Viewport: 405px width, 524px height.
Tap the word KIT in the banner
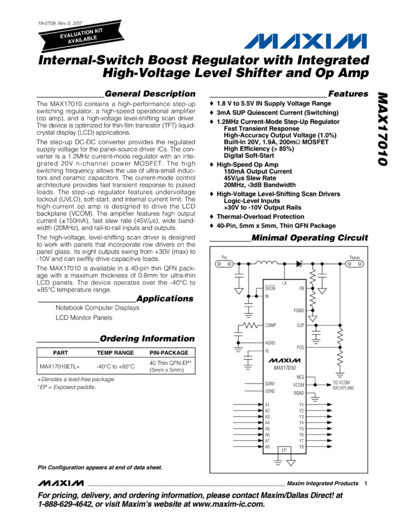coord(99,30)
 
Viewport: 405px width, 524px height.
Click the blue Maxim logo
coord(305,41)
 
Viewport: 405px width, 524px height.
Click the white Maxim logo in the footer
coord(62,481)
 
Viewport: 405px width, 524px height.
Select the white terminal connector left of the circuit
coord(224,264)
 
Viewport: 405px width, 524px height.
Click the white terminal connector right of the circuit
coord(354,264)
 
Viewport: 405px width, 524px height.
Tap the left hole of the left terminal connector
coord(219,264)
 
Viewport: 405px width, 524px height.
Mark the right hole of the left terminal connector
coord(229,264)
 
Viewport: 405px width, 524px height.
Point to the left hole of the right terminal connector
coord(350,264)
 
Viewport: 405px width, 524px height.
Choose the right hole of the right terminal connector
coord(360,264)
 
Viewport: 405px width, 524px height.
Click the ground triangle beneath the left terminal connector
coord(239,291)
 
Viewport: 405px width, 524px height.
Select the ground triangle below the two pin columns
coord(291,463)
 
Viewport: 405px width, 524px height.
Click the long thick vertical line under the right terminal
coord(340,295)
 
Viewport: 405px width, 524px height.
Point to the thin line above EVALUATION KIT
coord(80,28)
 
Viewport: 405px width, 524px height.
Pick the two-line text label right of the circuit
coord(343,385)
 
